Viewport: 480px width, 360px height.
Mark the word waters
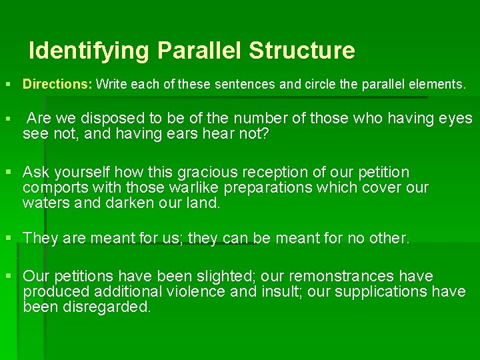47,203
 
